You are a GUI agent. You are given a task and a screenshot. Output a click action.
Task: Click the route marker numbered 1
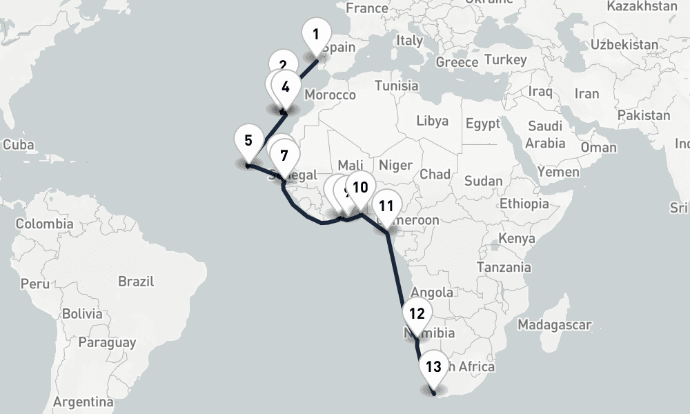click(316, 34)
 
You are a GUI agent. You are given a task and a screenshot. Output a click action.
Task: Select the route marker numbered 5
click(248, 140)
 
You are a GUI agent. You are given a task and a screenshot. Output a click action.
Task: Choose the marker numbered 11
click(386, 206)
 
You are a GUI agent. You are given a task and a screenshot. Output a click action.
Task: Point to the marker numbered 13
click(433, 367)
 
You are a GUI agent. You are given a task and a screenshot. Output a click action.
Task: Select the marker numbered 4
click(286, 88)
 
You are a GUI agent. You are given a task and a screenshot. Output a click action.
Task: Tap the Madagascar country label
click(555, 324)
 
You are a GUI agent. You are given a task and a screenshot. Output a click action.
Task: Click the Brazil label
click(136, 282)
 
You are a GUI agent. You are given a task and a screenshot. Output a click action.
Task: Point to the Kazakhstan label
click(642, 6)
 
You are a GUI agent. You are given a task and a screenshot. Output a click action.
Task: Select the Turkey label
click(505, 60)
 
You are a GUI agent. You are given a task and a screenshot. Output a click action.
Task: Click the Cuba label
click(19, 146)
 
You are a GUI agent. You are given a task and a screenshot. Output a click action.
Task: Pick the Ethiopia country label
click(524, 204)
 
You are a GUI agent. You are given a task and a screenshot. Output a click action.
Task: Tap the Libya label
click(433, 121)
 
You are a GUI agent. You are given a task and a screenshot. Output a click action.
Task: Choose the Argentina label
click(83, 402)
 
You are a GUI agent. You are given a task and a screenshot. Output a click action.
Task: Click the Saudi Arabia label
click(546, 135)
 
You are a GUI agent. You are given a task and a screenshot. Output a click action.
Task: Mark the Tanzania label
click(504, 267)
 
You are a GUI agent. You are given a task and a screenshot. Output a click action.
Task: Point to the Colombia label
click(44, 224)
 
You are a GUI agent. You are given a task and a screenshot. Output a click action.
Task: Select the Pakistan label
click(644, 115)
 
